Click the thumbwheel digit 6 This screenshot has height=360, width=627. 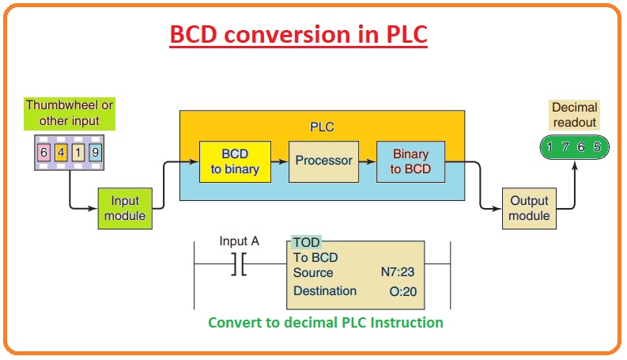point(43,153)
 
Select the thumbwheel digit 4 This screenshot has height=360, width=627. point(61,153)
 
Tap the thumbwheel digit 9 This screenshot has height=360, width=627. point(95,153)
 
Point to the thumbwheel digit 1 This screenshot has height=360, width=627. point(78,153)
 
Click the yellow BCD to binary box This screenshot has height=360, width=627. point(235,161)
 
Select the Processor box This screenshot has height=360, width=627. point(323,161)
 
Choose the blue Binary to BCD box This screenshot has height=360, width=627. point(410,161)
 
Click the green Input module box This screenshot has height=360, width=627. point(125,208)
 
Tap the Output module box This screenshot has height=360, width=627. point(529,208)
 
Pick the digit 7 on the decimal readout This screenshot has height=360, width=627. point(565,147)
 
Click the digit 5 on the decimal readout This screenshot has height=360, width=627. point(597,147)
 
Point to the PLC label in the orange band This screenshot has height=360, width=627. point(322,127)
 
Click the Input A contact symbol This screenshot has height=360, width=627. point(239,264)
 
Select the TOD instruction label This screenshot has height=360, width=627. point(306,242)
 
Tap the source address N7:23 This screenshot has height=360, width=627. point(398,272)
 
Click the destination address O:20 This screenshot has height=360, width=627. point(403,292)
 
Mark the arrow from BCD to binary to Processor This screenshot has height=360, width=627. point(280,161)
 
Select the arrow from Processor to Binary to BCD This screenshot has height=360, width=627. point(368,161)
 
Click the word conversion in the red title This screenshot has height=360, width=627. point(288,34)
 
